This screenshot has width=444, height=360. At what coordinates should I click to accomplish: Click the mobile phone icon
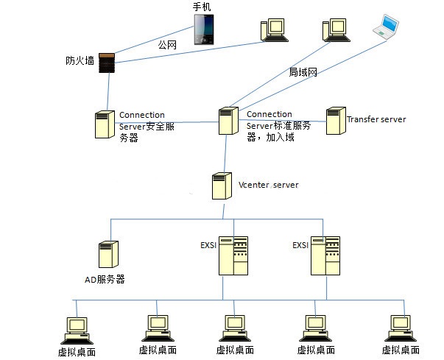[x=205, y=30]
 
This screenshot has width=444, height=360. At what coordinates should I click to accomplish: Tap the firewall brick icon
[x=108, y=63]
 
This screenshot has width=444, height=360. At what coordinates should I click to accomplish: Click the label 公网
[x=169, y=44]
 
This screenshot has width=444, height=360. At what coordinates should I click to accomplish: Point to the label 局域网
[x=303, y=72]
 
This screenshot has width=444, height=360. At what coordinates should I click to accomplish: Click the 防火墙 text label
[x=80, y=61]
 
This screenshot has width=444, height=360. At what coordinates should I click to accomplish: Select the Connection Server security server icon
[x=104, y=124]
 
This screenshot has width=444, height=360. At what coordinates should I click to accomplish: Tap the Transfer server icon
[x=335, y=121]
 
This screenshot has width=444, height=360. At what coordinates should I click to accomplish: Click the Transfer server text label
[x=376, y=119]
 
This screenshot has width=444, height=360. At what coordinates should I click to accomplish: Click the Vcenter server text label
[x=269, y=185]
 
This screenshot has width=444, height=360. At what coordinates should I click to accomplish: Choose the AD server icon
[x=108, y=254]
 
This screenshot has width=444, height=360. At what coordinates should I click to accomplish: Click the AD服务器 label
[x=105, y=279]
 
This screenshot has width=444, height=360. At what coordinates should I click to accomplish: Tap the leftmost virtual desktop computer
[x=76, y=329]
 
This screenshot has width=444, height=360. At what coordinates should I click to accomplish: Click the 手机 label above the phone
[x=202, y=7]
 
